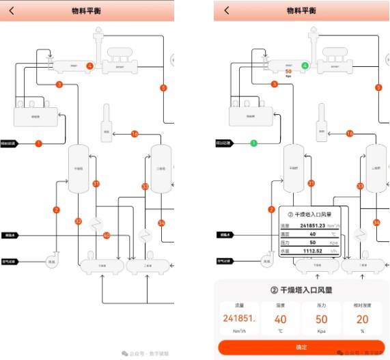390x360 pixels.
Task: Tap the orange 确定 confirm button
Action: tap(301, 347)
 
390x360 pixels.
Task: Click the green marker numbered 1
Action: tap(253, 143)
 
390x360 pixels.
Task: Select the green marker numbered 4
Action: tap(305, 66)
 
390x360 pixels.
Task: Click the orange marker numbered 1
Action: tap(38, 143)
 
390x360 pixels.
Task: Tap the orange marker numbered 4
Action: tap(89, 66)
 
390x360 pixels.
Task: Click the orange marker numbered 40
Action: tap(107, 236)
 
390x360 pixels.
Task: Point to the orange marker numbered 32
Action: tap(79, 221)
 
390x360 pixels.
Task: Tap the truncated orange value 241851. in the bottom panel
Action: tap(240, 319)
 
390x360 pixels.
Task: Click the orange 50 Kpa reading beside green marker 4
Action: tap(288, 70)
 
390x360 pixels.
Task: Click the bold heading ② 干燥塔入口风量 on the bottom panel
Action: tap(301, 291)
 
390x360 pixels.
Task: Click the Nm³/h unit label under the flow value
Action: tap(240, 331)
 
